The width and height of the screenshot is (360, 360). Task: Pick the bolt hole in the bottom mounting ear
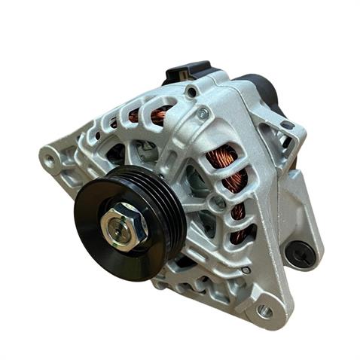[x=264, y=310]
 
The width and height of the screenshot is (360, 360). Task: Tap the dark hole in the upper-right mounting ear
[x=286, y=125]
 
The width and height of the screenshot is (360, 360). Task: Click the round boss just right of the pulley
[x=218, y=203]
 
